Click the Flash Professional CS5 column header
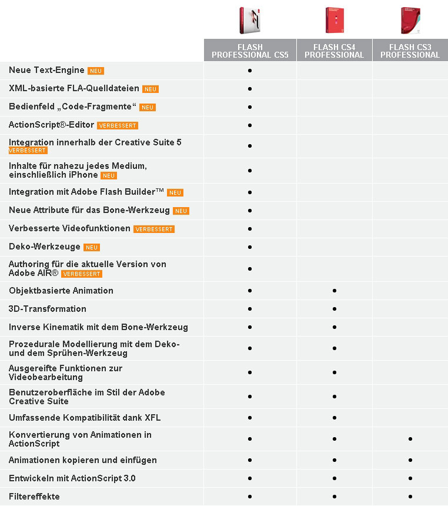(x=250, y=51)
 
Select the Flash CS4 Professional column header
(x=334, y=51)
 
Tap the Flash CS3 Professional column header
(x=410, y=51)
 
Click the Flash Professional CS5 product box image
(x=249, y=21)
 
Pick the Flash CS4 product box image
(x=333, y=21)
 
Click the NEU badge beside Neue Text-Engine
(x=96, y=71)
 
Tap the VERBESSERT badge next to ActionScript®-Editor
(x=118, y=126)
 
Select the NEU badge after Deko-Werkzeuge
(x=92, y=248)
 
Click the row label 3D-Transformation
(x=48, y=309)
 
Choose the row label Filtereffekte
(x=34, y=497)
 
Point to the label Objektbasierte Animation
(x=61, y=291)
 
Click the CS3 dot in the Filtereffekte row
(x=410, y=497)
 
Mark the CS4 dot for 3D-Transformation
(x=334, y=309)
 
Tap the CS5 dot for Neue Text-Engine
(x=250, y=71)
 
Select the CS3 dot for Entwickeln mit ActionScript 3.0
(x=410, y=478)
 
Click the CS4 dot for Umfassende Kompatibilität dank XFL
(x=334, y=418)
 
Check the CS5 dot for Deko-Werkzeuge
(x=250, y=247)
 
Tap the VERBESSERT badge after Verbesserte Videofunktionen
(x=154, y=229)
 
